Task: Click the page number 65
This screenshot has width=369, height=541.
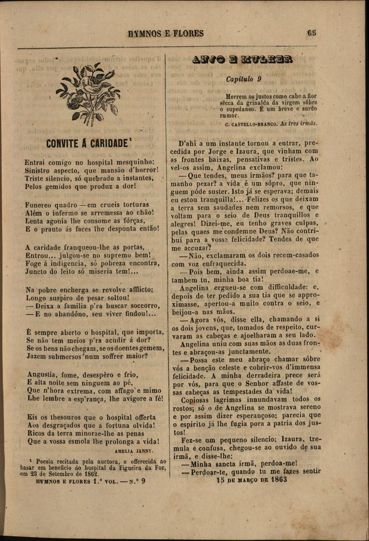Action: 311,33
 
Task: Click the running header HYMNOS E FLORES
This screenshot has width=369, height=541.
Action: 166,34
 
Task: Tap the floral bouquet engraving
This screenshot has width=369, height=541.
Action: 88,93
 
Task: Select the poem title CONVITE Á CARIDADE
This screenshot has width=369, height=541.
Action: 86,144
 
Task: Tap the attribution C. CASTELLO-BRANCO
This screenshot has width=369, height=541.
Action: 251,124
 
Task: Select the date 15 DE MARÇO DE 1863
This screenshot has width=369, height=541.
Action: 251,480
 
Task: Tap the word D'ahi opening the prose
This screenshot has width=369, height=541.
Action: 188,143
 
